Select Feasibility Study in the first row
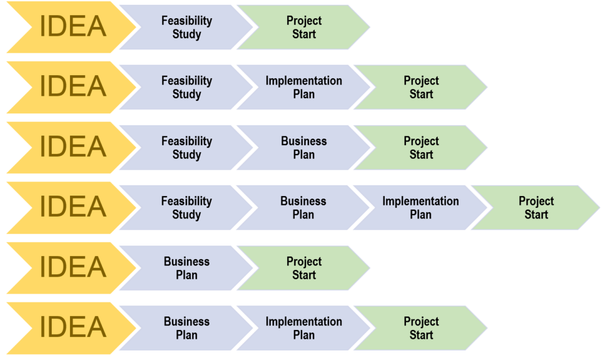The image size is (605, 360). [187, 28]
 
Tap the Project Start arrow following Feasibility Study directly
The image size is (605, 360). [304, 28]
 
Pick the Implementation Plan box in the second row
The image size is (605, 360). [304, 88]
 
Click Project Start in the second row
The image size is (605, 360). [421, 88]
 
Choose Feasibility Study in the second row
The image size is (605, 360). [187, 88]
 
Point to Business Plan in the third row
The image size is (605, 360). [304, 148]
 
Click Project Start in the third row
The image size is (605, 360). [421, 148]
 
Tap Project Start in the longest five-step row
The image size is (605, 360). [536, 208]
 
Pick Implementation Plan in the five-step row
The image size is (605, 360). [421, 208]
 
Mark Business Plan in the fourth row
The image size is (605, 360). [303, 208]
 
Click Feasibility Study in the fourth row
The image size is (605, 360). [187, 208]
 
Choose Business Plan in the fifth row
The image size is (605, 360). [187, 268]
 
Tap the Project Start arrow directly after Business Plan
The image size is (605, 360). [304, 268]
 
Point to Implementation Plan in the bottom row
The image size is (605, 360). [304, 328]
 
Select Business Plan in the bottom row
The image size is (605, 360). [187, 328]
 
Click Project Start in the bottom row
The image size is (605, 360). [421, 328]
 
